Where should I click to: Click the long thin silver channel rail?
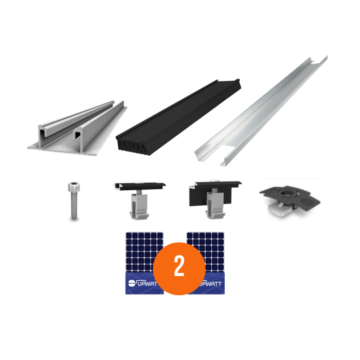point(262,111)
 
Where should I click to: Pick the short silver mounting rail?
point(77,129)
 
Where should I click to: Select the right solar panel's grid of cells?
point(211,247)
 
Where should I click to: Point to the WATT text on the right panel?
point(213,283)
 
